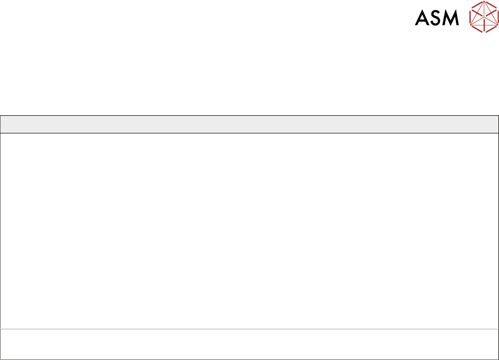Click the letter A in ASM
click(422, 19)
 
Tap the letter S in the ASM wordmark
click(437, 19)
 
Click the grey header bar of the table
click(249, 124)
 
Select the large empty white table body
click(249, 230)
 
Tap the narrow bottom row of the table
click(249, 344)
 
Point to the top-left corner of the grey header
click(1, 116)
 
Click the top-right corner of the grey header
click(498, 116)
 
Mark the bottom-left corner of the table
click(1, 358)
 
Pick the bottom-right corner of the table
click(498, 358)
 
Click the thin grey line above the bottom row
click(249, 329)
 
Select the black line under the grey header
click(249, 133)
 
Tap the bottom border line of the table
click(249, 358)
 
